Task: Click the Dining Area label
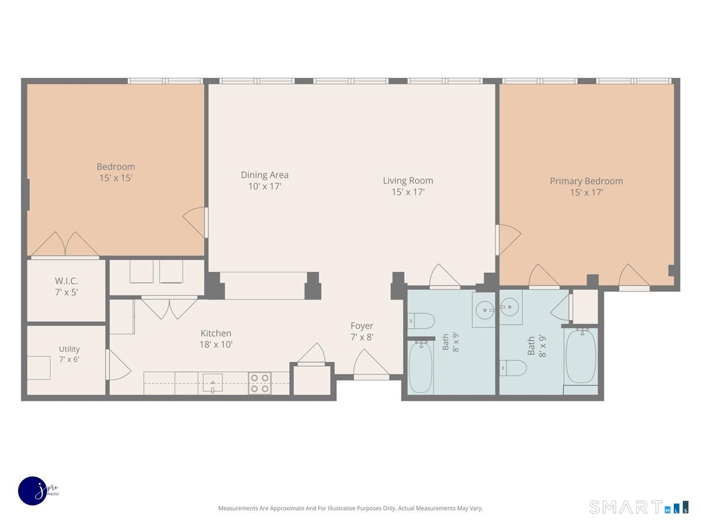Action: click(265, 175)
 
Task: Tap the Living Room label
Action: click(408, 181)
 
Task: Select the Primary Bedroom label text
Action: click(586, 181)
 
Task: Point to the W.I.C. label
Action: click(66, 281)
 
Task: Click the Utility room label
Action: click(69, 349)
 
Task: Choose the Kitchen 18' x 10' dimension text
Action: click(216, 345)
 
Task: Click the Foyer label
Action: click(362, 326)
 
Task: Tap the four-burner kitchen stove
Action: click(259, 383)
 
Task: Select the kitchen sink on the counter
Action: click(213, 383)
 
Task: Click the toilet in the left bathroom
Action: click(421, 321)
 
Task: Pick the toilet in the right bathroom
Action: click(512, 368)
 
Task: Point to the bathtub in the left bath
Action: click(420, 368)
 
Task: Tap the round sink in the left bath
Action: click(485, 310)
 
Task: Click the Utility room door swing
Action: click(119, 365)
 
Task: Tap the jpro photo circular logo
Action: click(33, 491)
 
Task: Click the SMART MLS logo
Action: click(638, 507)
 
